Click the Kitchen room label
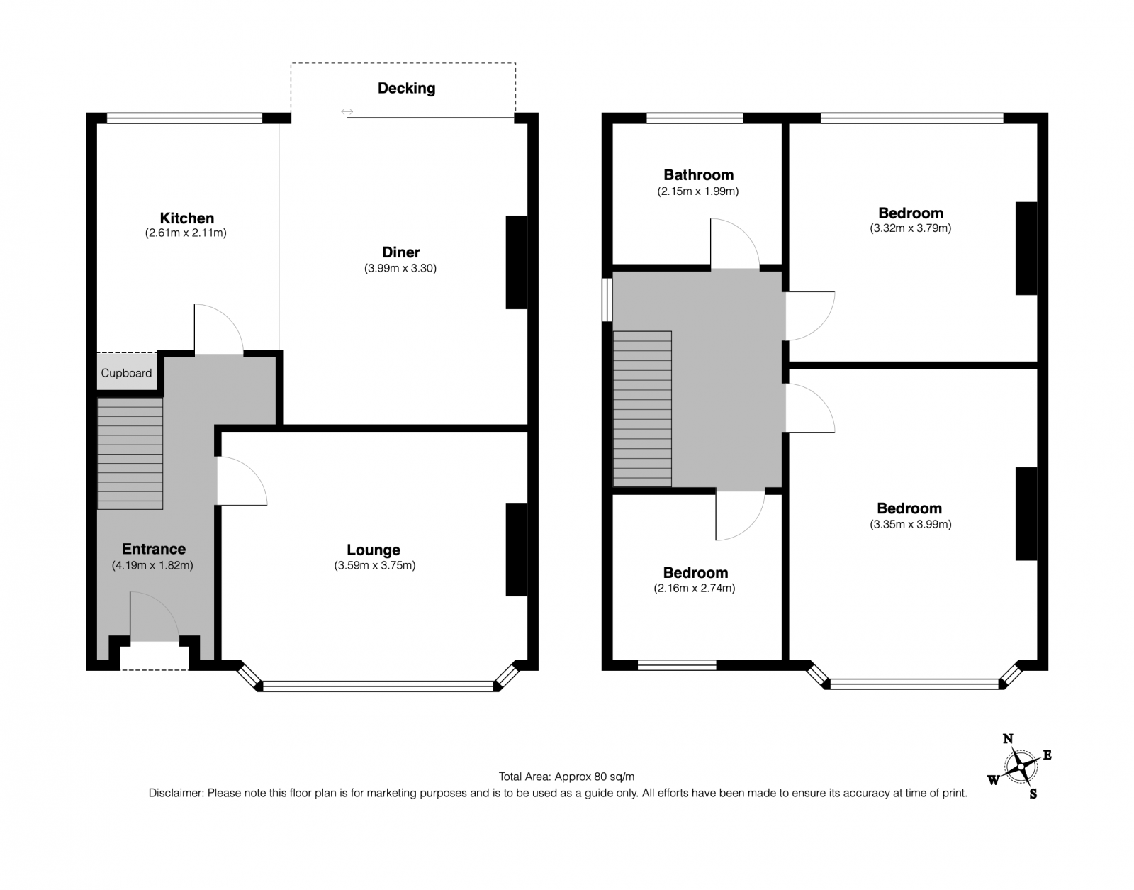click(187, 218)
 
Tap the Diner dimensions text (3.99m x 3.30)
click(400, 268)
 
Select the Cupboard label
click(126, 373)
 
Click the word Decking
click(407, 88)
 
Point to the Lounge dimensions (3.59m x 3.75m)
click(375, 565)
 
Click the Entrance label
click(154, 549)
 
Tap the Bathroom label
click(698, 175)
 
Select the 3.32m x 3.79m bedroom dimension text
click(911, 228)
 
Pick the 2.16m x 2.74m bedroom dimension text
click(695, 589)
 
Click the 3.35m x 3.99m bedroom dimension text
click(911, 524)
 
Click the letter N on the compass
click(1008, 739)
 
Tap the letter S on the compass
click(1033, 794)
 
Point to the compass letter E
click(1047, 755)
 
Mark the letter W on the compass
click(993, 780)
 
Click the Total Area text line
click(566, 777)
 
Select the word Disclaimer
click(175, 793)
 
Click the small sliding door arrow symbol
click(347, 112)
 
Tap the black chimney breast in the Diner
click(516, 262)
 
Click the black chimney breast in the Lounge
click(516, 549)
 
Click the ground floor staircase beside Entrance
click(130, 453)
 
